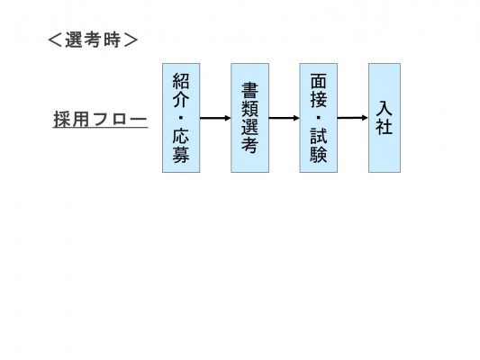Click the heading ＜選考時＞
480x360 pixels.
pyautogui.click(x=93, y=40)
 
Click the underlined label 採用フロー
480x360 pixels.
pyautogui.click(x=100, y=120)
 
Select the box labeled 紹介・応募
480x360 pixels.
pyautogui.click(x=181, y=118)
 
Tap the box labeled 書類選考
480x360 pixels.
pyautogui.click(x=249, y=118)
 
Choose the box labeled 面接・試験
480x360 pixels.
pyautogui.click(x=319, y=118)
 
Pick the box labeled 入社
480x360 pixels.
pyautogui.click(x=385, y=118)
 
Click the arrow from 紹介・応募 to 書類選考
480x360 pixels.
pyautogui.click(x=215, y=118)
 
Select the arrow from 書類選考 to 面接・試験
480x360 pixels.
pyautogui.click(x=284, y=118)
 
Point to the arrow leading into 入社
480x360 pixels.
pyautogui.click(x=353, y=118)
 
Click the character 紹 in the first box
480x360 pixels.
pyautogui.click(x=181, y=81)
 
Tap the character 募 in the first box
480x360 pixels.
pyautogui.click(x=181, y=154)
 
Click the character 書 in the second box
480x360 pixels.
pyautogui.click(x=249, y=91)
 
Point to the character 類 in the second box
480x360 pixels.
pyautogui.click(x=249, y=109)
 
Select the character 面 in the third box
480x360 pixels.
pyautogui.click(x=319, y=81)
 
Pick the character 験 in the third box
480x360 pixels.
pyautogui.click(x=319, y=154)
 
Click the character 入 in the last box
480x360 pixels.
pyautogui.click(x=385, y=109)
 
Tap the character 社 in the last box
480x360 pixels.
pyautogui.click(x=385, y=127)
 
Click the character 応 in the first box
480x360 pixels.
pyautogui.click(x=181, y=136)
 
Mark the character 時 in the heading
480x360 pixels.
pyautogui.click(x=112, y=40)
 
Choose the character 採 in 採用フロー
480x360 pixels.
pyautogui.click(x=63, y=119)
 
